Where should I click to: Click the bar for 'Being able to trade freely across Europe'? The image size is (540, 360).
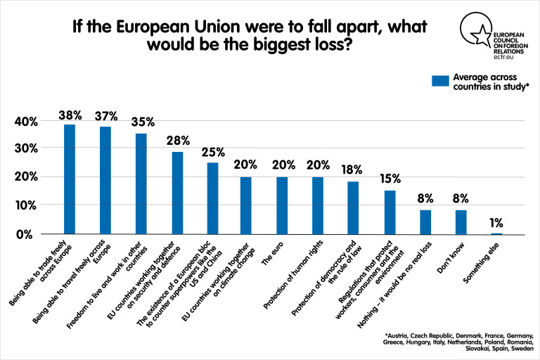point(70,179)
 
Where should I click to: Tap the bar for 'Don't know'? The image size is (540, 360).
point(461,221)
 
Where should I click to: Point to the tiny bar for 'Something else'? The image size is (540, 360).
point(496,233)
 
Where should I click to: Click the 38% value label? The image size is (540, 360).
point(70,114)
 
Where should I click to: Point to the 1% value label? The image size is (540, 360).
point(496,223)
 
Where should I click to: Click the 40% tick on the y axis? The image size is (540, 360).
point(26,122)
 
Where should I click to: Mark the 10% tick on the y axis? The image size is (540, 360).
point(26,206)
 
